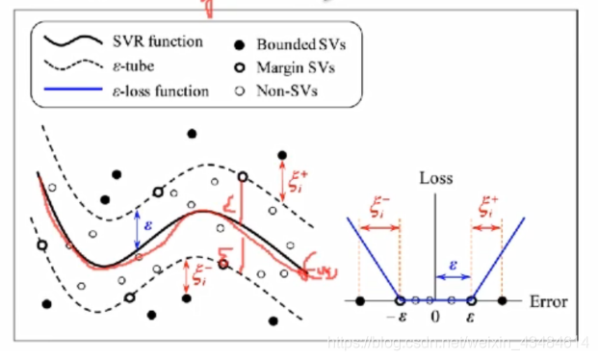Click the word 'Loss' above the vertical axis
pyautogui.click(x=435, y=179)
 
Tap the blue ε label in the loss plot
pyautogui.click(x=454, y=262)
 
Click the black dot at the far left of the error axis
pyautogui.click(x=360, y=301)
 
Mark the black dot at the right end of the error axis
pyautogui.click(x=504, y=301)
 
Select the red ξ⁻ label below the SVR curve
pyautogui.click(x=200, y=274)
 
